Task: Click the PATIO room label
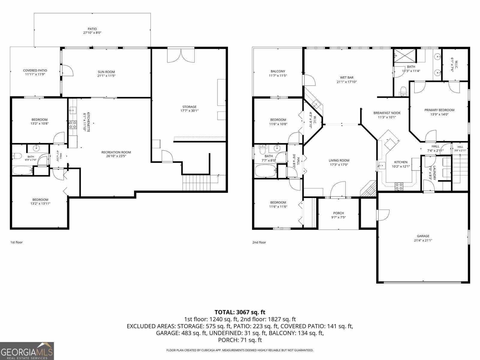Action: tap(92, 29)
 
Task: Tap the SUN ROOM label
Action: tap(106, 72)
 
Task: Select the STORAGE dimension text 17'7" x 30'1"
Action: tap(189, 111)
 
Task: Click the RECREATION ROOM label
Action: tap(116, 152)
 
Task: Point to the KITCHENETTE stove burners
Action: tap(73, 124)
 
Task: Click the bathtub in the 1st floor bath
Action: tap(23, 170)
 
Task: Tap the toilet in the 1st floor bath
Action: tap(17, 156)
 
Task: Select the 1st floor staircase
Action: tap(196, 182)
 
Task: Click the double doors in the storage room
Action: tap(181, 55)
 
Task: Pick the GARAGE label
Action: tap(423, 236)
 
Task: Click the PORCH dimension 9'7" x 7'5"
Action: tap(338, 217)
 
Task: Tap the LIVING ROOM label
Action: tap(339, 160)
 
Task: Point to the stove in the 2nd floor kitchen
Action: tap(399, 186)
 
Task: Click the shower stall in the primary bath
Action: tap(405, 56)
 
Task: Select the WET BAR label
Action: tap(346, 77)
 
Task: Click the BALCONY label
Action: tap(278, 71)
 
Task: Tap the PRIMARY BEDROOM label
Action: tap(439, 110)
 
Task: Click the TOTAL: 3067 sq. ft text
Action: tap(240, 312)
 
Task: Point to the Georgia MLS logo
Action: tap(27, 351)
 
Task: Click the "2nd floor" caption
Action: tap(259, 242)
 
